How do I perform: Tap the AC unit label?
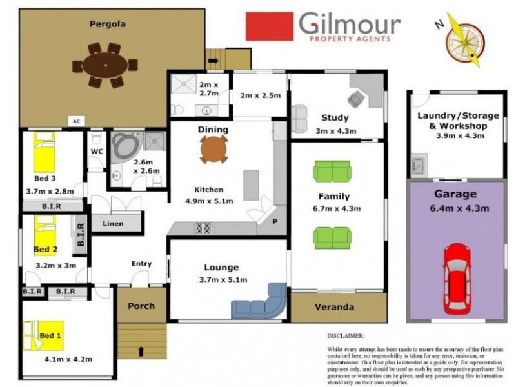pyautogui.click(x=76, y=121)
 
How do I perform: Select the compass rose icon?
pyautogui.click(x=464, y=39)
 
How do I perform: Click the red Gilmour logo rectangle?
pyautogui.click(x=269, y=26)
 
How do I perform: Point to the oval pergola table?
pyautogui.click(x=104, y=65)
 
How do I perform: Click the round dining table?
pyautogui.click(x=213, y=150)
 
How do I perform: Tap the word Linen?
pyautogui.click(x=114, y=223)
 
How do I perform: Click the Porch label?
pyautogui.click(x=141, y=305)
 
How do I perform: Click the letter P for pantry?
pyautogui.click(x=275, y=221)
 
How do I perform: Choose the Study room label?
pyautogui.click(x=335, y=117)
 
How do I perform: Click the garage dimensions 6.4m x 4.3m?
pyautogui.click(x=455, y=208)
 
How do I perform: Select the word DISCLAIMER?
pyautogui.click(x=346, y=335)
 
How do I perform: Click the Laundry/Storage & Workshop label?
pyautogui.click(x=458, y=121)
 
